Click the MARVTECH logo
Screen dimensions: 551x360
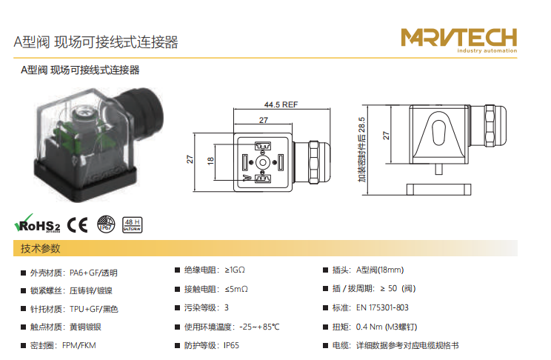click(459, 40)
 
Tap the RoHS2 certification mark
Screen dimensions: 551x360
click(37, 224)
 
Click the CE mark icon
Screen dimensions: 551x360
click(77, 224)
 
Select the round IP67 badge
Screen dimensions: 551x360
click(106, 224)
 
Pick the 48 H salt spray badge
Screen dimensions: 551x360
click(132, 224)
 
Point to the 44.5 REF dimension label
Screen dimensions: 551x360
click(281, 104)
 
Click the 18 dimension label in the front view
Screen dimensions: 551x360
click(210, 161)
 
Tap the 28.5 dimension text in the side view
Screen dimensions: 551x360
click(361, 124)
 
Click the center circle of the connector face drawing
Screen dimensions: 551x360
click(262, 163)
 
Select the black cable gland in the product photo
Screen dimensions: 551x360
click(141, 112)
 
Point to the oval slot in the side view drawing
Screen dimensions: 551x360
click(438, 132)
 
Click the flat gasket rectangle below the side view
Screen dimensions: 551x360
click(439, 190)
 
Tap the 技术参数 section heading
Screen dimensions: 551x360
click(41, 249)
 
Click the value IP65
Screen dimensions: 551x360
click(231, 346)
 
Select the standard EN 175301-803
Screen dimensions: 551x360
click(382, 307)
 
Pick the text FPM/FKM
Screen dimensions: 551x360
click(79, 346)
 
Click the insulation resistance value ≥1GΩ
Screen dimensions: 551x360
click(235, 270)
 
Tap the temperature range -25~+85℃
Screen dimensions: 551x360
click(259, 327)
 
